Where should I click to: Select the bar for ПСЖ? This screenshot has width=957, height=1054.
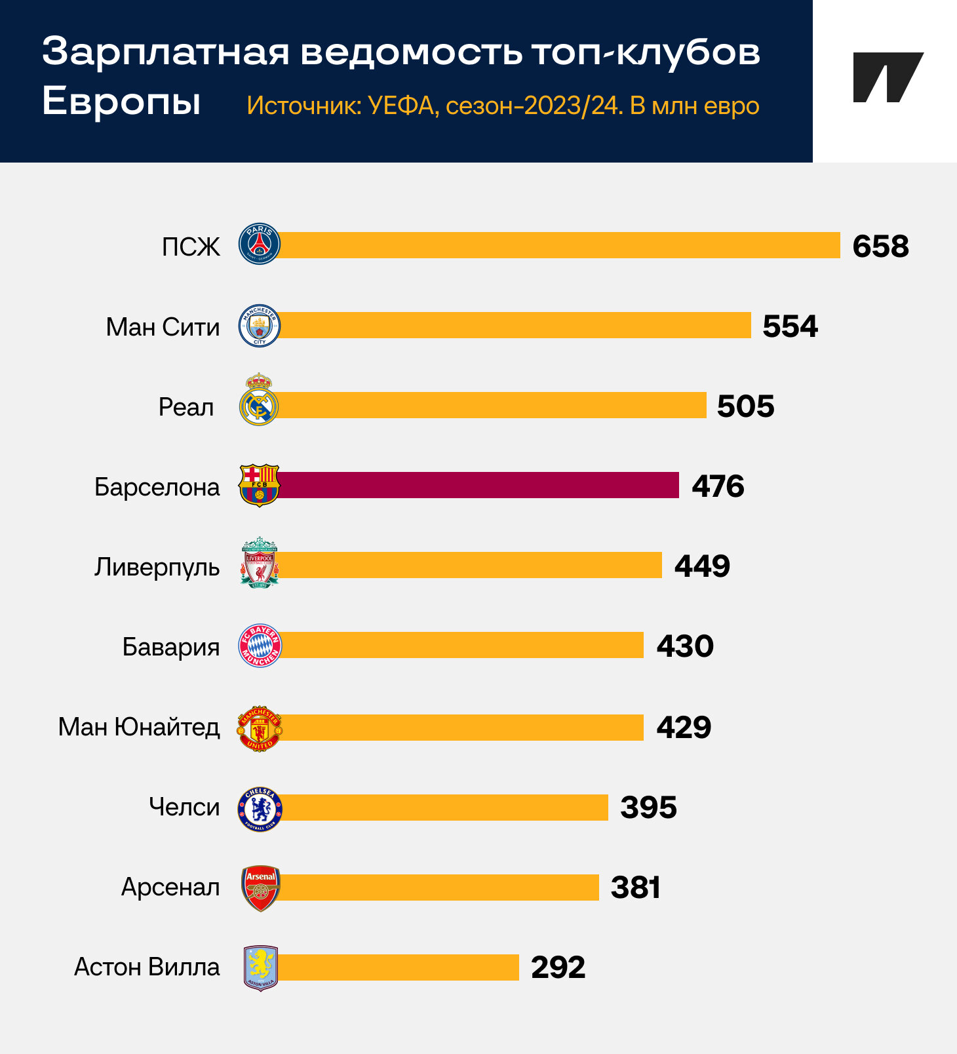(557, 245)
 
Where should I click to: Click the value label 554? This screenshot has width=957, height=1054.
(790, 326)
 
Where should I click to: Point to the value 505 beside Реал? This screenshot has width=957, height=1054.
(745, 406)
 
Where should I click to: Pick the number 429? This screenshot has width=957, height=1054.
(684, 728)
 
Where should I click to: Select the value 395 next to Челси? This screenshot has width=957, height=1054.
(648, 808)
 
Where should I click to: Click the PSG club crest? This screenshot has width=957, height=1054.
(260, 244)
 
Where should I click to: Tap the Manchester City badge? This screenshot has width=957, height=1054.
(260, 326)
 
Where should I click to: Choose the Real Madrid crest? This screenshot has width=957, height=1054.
(259, 399)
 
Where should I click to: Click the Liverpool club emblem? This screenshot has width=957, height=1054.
(260, 562)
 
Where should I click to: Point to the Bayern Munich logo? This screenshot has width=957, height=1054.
(260, 646)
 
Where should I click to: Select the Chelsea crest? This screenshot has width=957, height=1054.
(260, 810)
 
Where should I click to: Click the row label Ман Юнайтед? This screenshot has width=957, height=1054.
(139, 727)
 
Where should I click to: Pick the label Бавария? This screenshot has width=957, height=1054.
(171, 647)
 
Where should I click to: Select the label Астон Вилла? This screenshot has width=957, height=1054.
(147, 967)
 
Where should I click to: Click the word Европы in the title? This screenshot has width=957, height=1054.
(121, 102)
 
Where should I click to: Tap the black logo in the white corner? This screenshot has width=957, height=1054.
(888, 77)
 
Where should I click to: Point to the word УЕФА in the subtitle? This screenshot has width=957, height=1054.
(401, 106)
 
